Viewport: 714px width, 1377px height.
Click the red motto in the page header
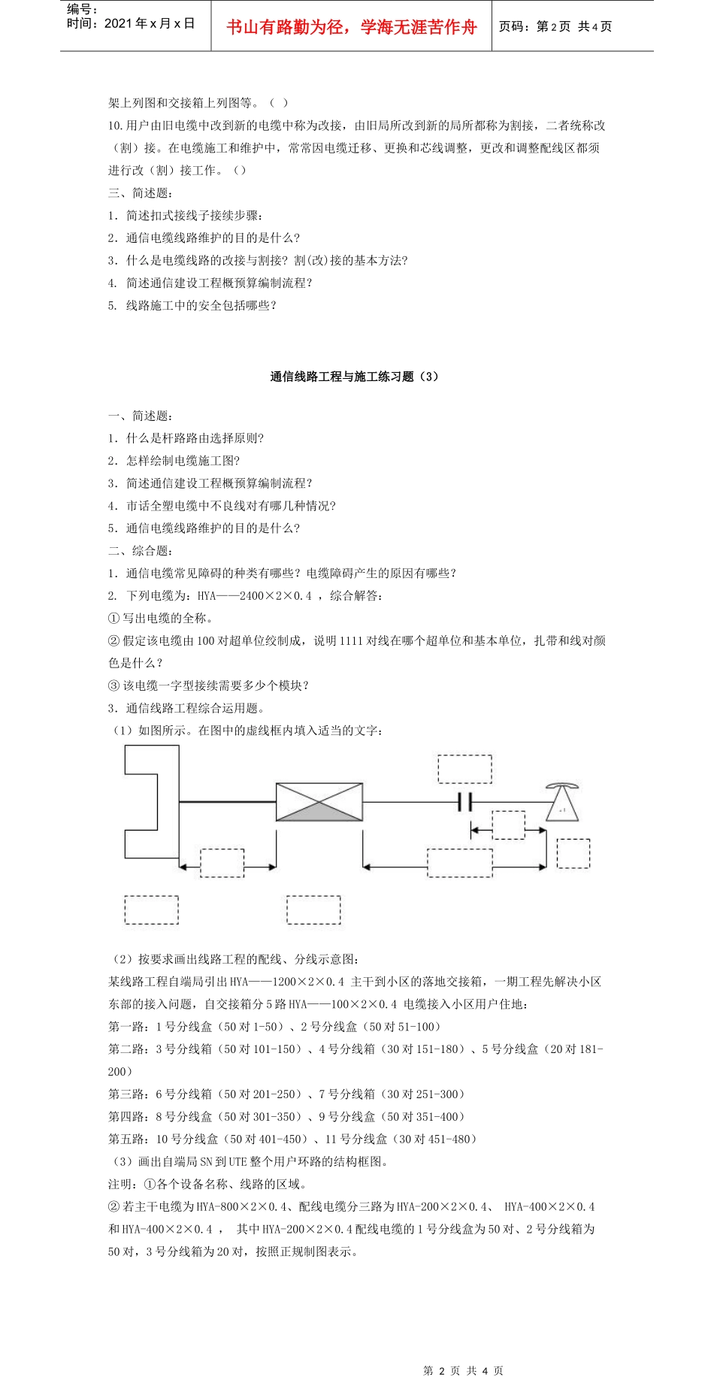(x=352, y=28)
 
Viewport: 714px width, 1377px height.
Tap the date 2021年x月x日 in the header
(x=150, y=24)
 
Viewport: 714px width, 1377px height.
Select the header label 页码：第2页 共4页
(x=555, y=27)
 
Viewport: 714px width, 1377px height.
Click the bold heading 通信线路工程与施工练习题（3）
(x=353, y=377)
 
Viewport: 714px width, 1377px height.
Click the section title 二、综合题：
(x=140, y=551)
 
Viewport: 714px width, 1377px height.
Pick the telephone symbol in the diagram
(x=562, y=801)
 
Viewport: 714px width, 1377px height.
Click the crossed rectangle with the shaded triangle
(x=319, y=802)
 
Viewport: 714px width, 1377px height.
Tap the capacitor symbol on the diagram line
(x=464, y=802)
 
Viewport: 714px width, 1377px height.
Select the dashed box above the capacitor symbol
(x=465, y=769)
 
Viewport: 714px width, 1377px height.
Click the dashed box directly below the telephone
(x=573, y=854)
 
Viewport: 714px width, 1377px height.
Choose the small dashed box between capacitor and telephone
(x=509, y=825)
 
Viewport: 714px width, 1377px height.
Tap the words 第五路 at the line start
(x=126, y=1139)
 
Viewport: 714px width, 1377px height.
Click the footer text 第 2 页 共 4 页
(x=463, y=1370)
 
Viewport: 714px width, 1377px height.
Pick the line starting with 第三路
(x=286, y=1094)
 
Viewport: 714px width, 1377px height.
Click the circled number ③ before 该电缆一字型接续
(x=113, y=686)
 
